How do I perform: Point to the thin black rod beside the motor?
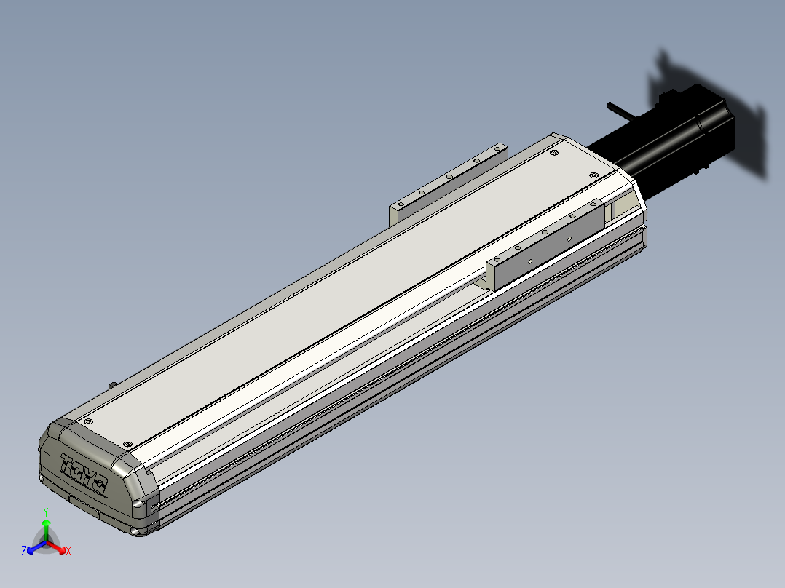point(620,111)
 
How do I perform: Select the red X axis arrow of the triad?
point(56,547)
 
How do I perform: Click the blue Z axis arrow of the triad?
point(36,547)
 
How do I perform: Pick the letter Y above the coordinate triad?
point(46,512)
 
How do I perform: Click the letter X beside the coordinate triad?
point(68,551)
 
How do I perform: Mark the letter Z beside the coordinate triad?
point(23,551)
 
